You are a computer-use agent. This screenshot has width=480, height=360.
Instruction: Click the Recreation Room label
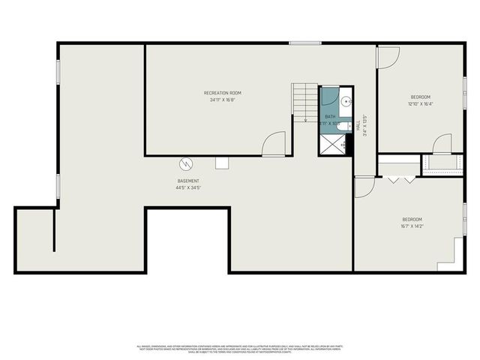tap(223, 93)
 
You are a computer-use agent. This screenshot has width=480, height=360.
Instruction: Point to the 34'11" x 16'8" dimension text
tap(223, 100)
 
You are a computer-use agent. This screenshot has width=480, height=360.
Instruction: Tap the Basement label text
tap(188, 181)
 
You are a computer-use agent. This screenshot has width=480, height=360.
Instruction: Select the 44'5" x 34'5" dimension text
tap(188, 187)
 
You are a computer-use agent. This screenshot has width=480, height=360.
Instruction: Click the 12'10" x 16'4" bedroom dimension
tap(421, 103)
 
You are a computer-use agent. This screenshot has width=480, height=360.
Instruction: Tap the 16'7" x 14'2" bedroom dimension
tap(412, 225)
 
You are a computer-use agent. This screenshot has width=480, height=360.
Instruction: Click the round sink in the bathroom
tap(346, 100)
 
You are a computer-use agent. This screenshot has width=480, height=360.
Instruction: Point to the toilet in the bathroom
tap(343, 127)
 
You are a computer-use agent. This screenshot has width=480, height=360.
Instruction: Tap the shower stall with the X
tap(335, 145)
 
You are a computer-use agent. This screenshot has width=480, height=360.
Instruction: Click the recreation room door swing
tap(274, 143)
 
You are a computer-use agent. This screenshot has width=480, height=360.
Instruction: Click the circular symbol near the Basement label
tap(185, 163)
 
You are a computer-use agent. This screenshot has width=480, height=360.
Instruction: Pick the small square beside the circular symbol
tap(222, 163)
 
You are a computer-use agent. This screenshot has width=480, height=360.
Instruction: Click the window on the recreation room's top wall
tap(301, 43)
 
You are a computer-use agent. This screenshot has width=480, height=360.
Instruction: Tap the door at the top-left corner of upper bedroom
tap(388, 57)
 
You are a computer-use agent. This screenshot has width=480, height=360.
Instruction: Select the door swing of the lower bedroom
tap(364, 187)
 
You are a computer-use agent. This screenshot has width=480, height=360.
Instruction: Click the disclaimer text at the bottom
tap(240, 348)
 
